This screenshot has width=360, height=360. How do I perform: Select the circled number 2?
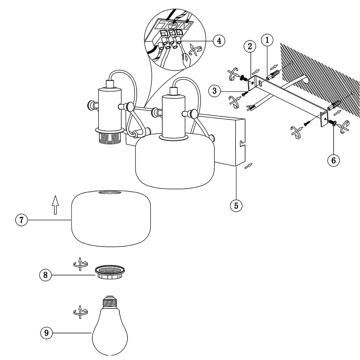250,46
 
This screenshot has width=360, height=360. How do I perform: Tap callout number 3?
215,91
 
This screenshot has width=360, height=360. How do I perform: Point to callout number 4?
219,40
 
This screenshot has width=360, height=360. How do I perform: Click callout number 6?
333,160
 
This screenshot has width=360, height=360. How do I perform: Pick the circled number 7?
21,220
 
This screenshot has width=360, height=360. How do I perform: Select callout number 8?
46,275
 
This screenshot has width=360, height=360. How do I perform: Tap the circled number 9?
46,332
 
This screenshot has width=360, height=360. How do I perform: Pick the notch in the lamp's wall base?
242,144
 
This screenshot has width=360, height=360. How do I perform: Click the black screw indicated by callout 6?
332,122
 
